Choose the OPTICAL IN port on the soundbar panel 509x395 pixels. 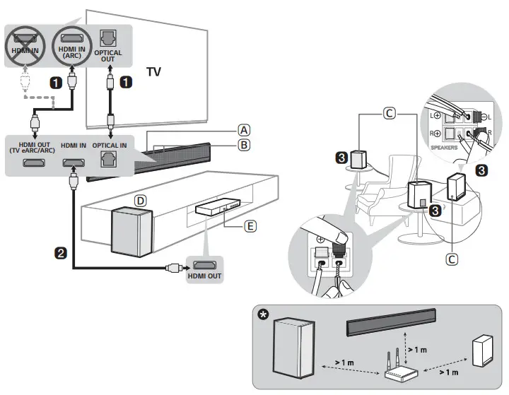[107, 161]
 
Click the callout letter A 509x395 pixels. [244, 130]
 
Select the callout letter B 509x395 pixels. [244, 146]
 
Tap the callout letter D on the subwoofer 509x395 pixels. [141, 201]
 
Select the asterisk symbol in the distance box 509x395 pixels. [264, 314]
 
